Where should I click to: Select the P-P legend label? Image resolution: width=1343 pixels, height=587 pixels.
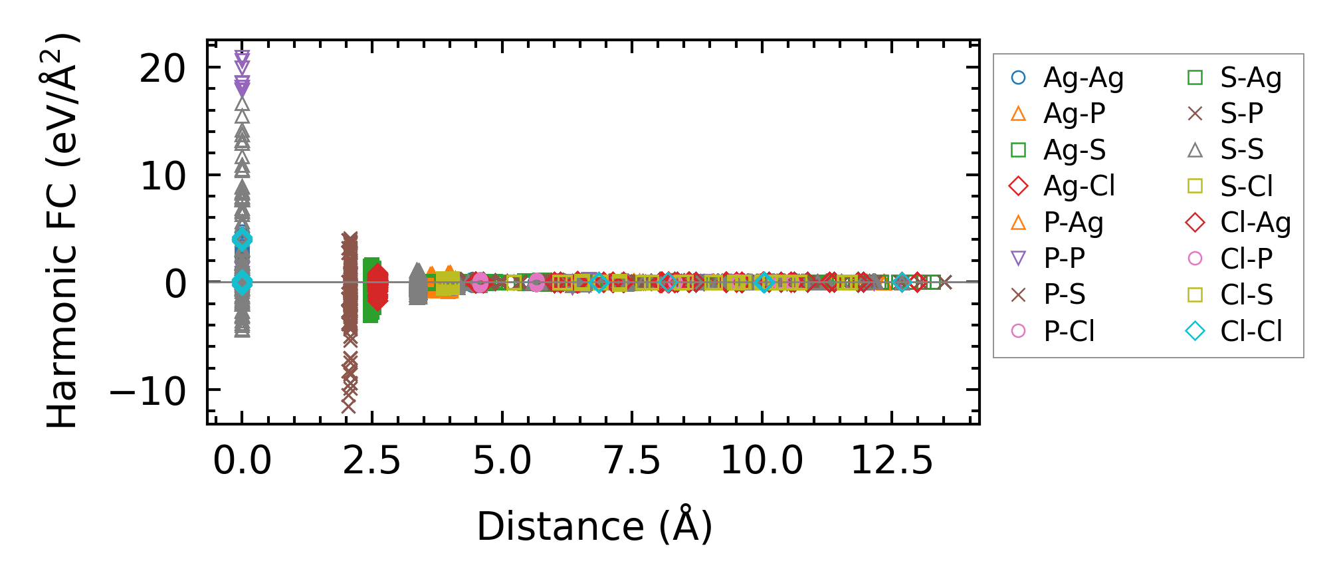point(1064,258)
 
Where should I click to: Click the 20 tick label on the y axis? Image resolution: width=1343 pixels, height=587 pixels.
point(163,68)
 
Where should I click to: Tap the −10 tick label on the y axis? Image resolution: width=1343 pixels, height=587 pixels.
point(148,391)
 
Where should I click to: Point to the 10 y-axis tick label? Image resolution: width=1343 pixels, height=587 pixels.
point(163,176)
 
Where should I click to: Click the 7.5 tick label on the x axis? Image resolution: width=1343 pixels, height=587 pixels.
point(632,460)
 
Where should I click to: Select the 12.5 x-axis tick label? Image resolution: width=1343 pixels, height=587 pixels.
point(892,460)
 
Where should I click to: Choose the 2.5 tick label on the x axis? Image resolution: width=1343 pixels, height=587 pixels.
point(371,460)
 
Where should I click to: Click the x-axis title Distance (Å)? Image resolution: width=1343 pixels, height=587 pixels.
point(595,527)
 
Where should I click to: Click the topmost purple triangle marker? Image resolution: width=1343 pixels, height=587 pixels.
point(243,57)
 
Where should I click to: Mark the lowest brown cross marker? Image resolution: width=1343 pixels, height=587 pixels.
point(348,406)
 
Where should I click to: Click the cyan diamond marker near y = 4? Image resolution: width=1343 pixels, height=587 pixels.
point(243,239)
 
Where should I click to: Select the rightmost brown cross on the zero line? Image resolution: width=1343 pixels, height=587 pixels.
point(945,283)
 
